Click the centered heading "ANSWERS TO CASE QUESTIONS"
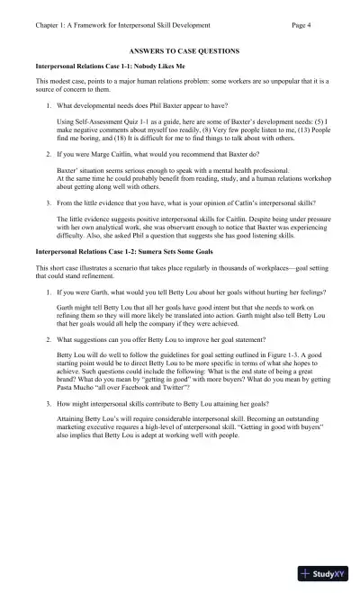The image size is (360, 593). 179,53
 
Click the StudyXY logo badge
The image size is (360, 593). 326,573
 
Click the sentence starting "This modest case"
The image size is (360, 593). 180,81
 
